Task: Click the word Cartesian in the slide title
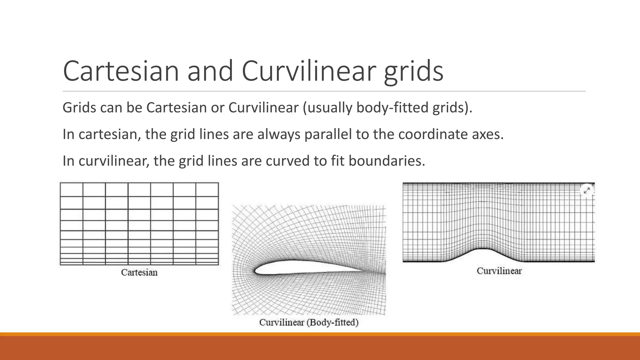pos(121,71)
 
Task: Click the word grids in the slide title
pos(413,72)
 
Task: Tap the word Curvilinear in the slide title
pos(308,71)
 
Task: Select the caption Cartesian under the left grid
pos(139,272)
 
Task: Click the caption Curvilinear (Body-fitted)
pos(309,322)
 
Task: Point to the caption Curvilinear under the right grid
pos(499,271)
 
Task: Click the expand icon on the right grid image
pos(587,190)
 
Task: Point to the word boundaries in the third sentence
pos(387,161)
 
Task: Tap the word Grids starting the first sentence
pos(79,107)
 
